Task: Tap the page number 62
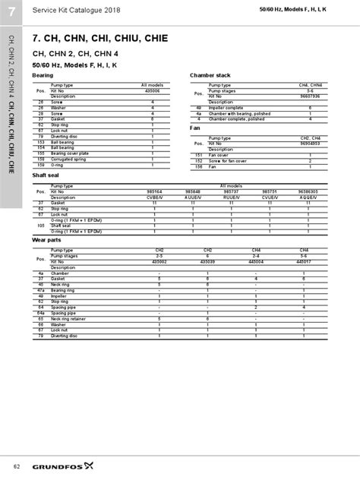[16, 465]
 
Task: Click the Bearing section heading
[43, 76]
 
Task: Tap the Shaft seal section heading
[46, 175]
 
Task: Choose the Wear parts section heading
[46, 239]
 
